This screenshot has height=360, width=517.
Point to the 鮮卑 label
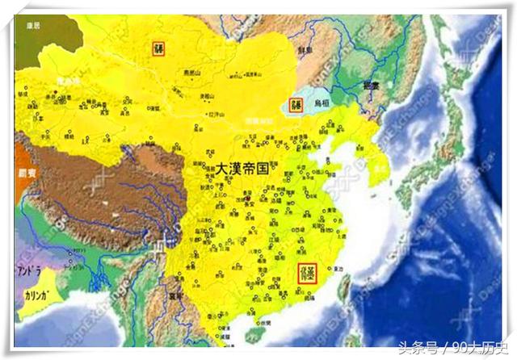pos(305,50)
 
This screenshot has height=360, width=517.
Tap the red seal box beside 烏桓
pos(296,104)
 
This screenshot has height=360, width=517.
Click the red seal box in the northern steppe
pos(159,48)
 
